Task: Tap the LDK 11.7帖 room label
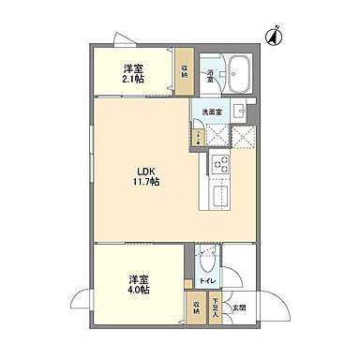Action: (142, 174)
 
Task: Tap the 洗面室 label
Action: (214, 112)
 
